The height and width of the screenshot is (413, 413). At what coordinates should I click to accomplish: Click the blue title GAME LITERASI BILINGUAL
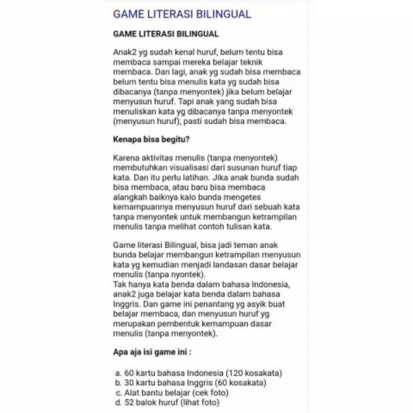coord(182,14)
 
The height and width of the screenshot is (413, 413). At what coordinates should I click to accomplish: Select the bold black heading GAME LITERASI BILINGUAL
coord(166,34)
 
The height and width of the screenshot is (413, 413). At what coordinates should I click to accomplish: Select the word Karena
coord(126,158)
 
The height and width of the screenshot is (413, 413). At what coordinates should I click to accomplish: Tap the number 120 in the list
coord(234,373)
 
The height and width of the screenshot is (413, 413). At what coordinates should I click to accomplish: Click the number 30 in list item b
coord(132,382)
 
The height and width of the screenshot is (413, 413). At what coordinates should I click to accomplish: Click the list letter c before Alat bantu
coord(118,392)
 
